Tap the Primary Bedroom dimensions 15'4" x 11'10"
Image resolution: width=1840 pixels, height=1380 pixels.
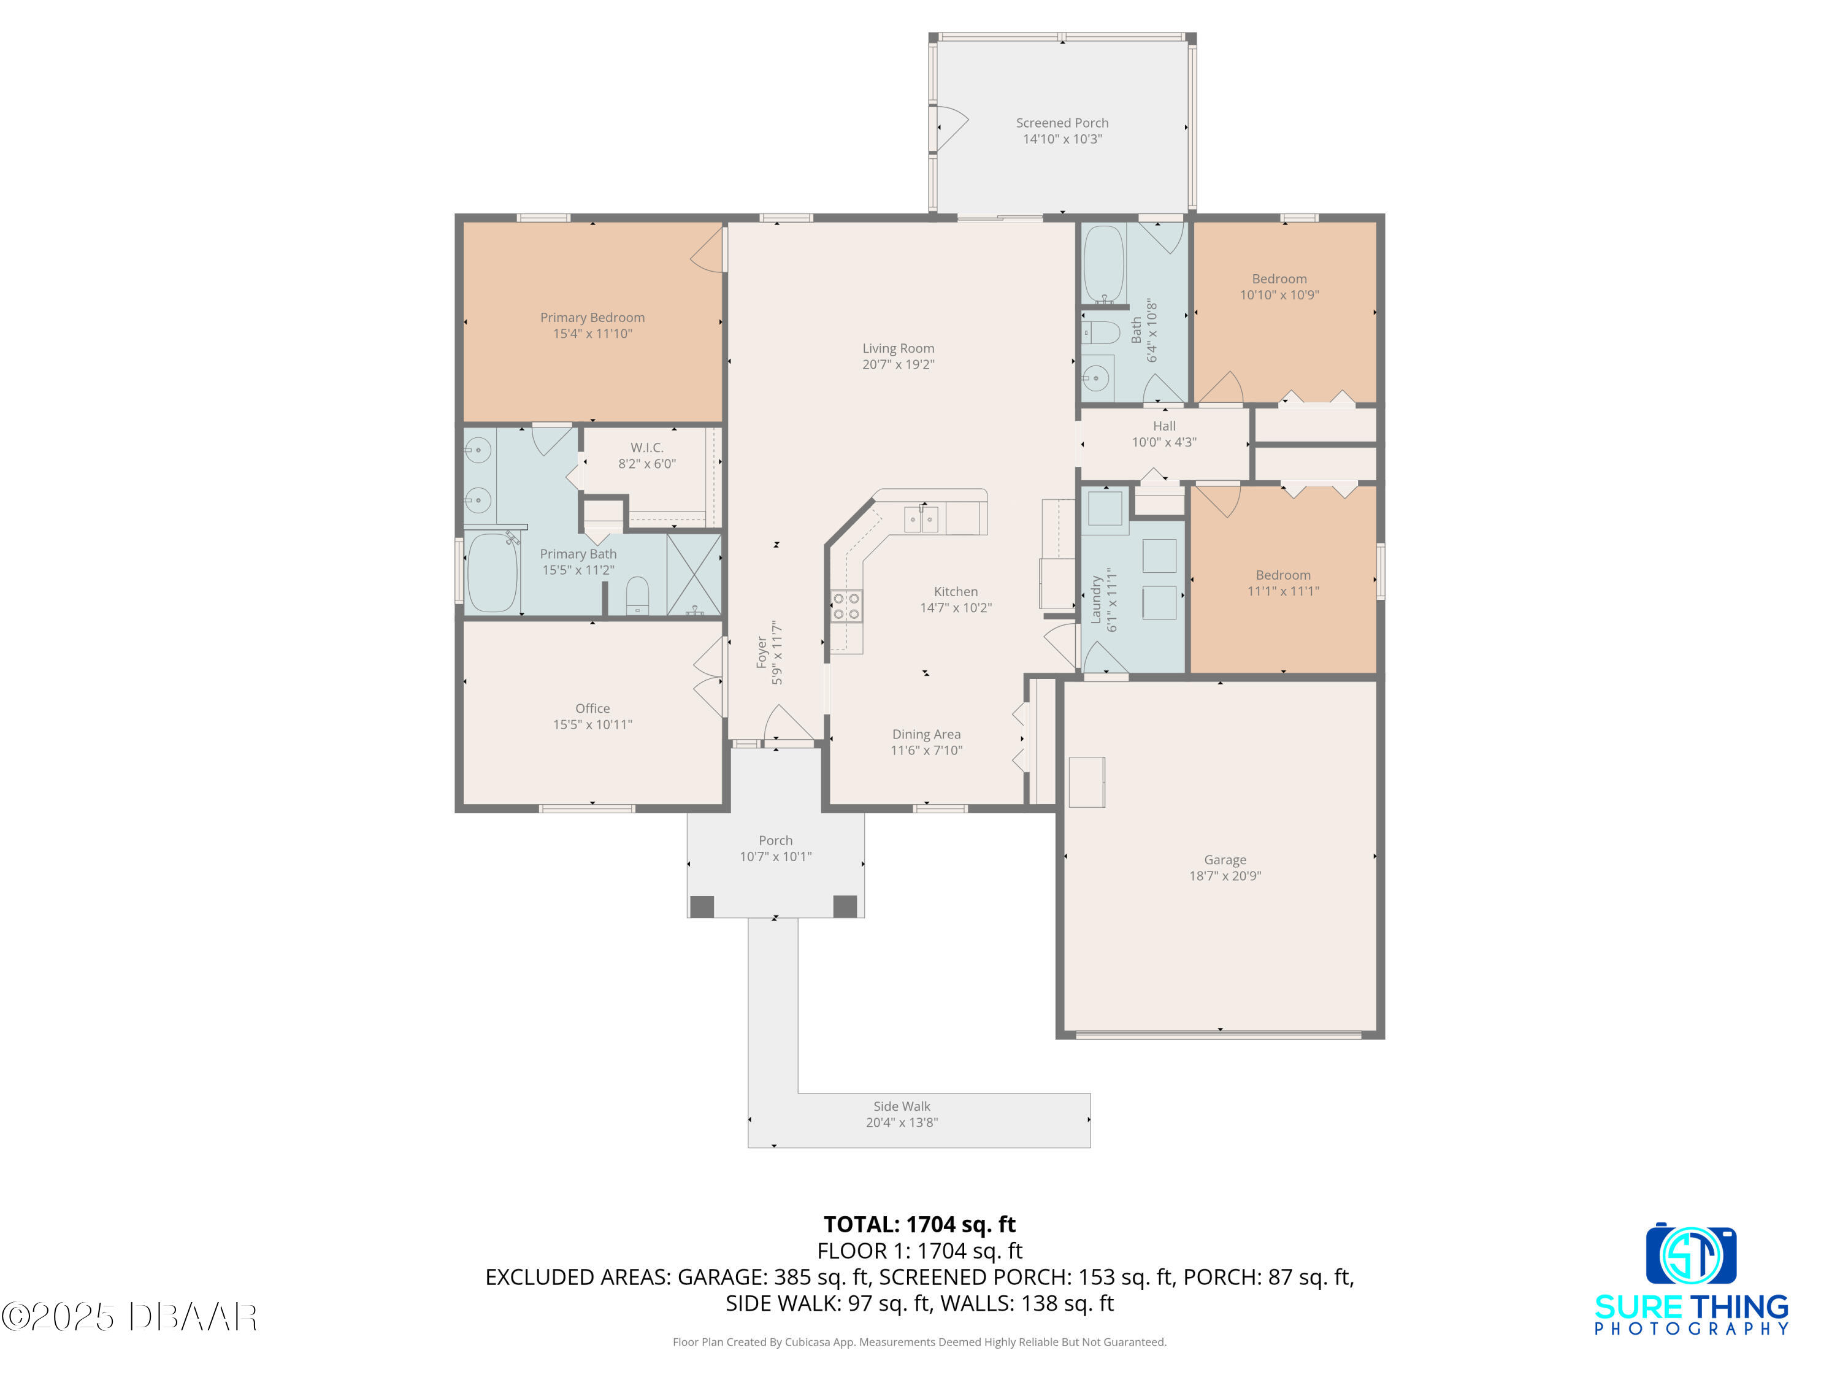[x=592, y=334]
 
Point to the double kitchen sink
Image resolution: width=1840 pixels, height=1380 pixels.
[x=922, y=519]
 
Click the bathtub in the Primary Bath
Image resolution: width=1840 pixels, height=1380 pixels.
[x=492, y=572]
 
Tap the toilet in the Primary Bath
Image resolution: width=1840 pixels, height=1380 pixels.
[x=637, y=596]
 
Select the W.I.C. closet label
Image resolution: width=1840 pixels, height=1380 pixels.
[x=646, y=448]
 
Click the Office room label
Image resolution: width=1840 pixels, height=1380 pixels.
[x=592, y=709]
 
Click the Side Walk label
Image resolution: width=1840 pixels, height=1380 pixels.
[x=902, y=1106]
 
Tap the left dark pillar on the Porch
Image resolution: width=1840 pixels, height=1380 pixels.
[x=702, y=907]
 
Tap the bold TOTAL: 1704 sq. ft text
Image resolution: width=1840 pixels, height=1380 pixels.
[x=919, y=1224]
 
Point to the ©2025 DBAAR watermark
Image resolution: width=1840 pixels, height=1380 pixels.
[x=129, y=1317]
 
